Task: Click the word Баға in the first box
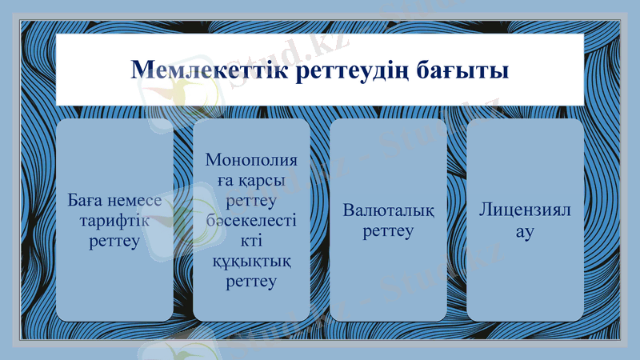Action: (x=85, y=201)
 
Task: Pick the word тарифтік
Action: (x=114, y=221)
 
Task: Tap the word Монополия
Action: (x=251, y=161)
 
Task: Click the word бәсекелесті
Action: (x=251, y=221)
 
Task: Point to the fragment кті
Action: (x=251, y=241)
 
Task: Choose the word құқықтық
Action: (x=251, y=261)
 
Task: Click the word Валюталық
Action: (x=388, y=211)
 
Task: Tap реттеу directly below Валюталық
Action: (x=388, y=231)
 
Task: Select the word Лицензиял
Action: (x=525, y=211)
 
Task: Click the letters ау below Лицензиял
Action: (x=525, y=231)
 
